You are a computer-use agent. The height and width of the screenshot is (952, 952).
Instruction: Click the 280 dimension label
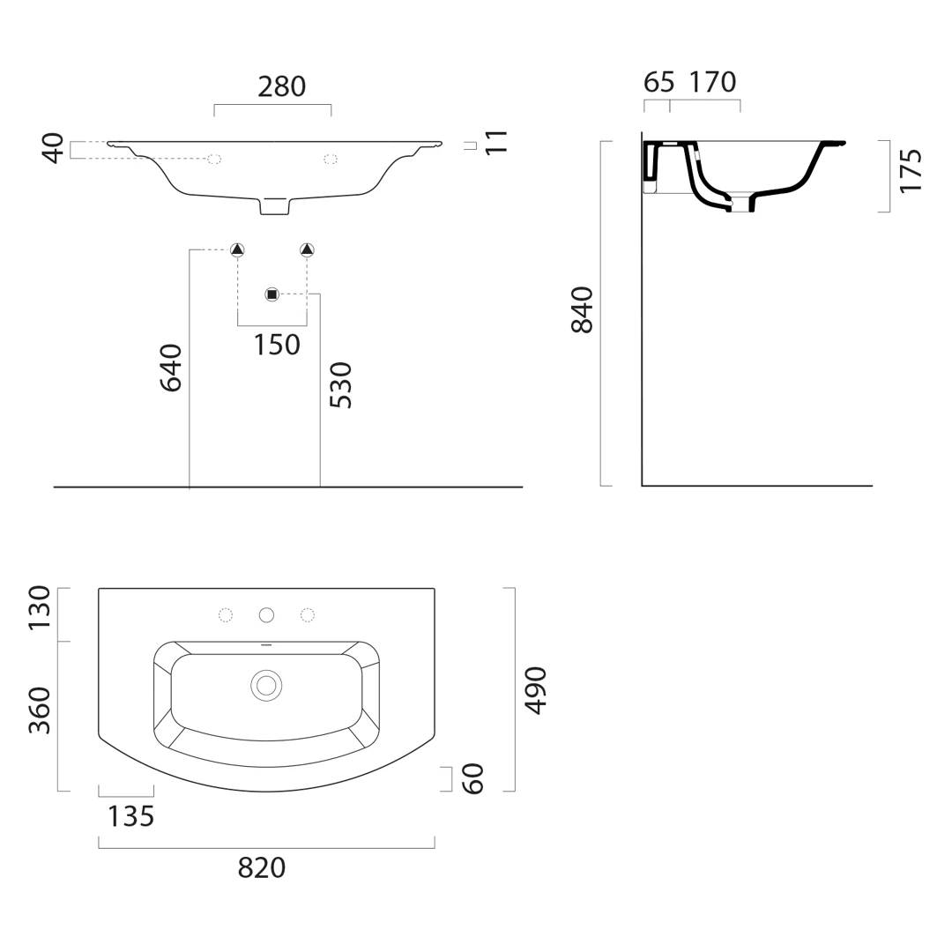point(282,86)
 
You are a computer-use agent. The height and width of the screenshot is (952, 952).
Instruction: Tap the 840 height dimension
point(583,309)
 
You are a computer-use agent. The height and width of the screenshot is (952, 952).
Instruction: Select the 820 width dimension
point(262,868)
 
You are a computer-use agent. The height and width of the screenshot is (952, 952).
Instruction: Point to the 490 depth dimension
point(536,690)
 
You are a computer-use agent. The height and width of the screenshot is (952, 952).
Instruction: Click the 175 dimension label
point(910,171)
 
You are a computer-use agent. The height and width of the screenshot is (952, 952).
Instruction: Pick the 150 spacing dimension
point(277,345)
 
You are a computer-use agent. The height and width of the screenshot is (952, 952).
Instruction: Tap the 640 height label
point(171,368)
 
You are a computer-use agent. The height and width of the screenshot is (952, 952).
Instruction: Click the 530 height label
point(340,385)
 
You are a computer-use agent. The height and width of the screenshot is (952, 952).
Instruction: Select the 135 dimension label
point(131,816)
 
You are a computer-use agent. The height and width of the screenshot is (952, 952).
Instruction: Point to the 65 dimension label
point(658,82)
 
